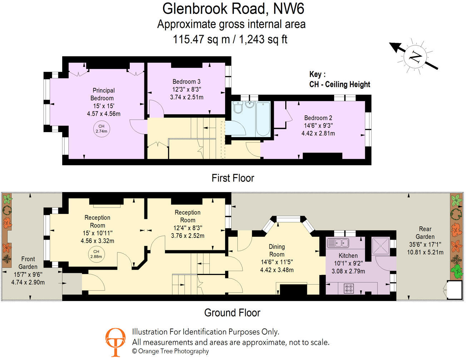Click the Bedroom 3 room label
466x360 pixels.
(186, 82)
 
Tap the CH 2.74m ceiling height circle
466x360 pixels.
(101, 129)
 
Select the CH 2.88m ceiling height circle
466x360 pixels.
(96, 254)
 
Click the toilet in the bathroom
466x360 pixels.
(238, 107)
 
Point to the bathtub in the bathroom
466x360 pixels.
(263, 119)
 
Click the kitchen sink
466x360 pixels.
(338, 243)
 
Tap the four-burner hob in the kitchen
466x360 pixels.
(349, 288)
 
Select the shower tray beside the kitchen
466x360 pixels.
(381, 246)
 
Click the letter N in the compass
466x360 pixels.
(415, 57)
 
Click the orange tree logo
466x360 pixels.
(115, 342)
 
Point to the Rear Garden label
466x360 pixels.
(425, 233)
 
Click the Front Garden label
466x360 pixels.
(28, 263)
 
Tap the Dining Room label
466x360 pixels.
(277, 250)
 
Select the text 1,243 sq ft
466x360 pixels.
(263, 39)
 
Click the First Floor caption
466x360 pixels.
(233, 178)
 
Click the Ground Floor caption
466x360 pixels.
(232, 312)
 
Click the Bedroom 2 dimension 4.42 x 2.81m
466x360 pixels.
(318, 133)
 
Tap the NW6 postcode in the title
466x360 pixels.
(289, 9)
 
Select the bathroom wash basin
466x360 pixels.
(249, 105)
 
